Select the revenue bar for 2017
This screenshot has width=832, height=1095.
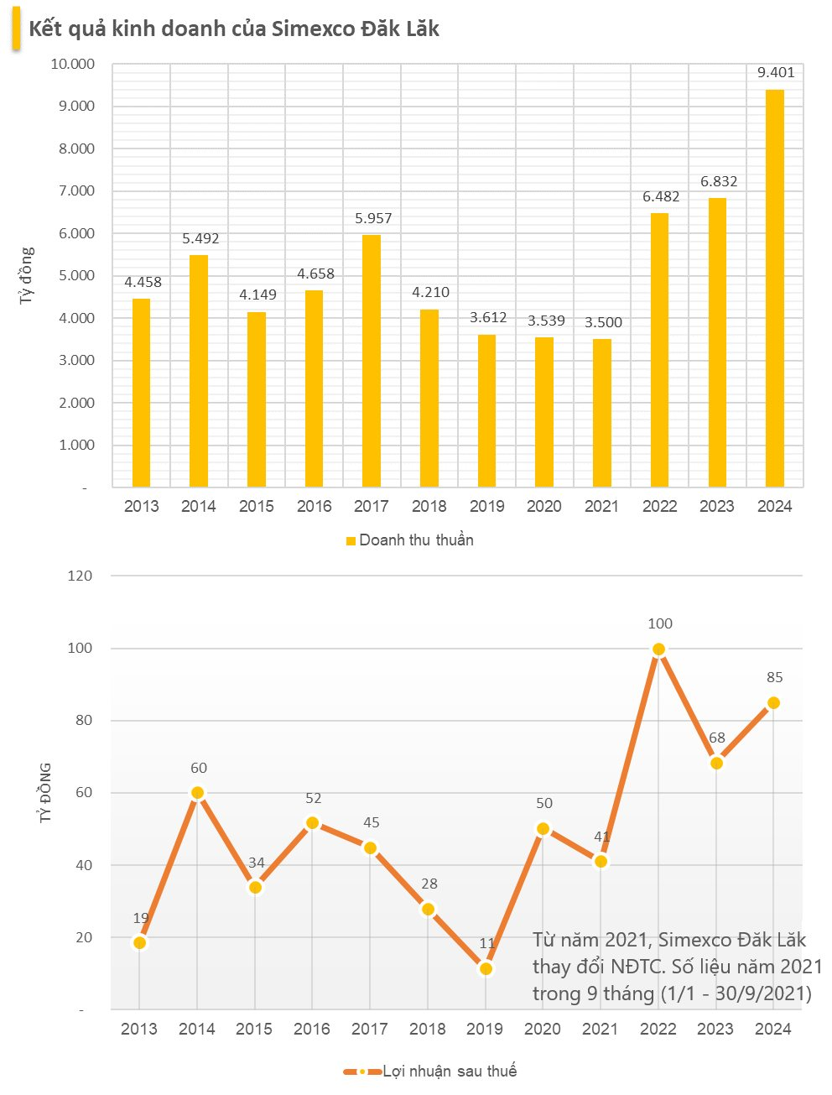pos(372,361)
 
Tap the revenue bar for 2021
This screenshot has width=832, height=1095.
pos(601,413)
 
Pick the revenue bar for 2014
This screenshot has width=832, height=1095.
pos(199,371)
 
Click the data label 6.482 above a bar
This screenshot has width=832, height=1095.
pos(661,196)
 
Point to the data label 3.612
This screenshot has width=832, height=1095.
pos(488,317)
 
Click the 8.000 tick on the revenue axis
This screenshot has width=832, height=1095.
pos(76,149)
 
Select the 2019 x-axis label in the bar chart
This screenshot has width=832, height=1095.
pos(487,506)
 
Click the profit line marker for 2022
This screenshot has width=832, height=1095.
pos(658,649)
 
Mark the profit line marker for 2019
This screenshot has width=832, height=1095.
pos(486,969)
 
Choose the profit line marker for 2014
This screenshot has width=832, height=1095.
pos(198,793)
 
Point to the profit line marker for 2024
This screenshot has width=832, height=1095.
pos(773,703)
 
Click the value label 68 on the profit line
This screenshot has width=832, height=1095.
pos(717,738)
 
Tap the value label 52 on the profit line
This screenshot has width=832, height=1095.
pos(314,799)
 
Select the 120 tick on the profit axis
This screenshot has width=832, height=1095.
pos(81,576)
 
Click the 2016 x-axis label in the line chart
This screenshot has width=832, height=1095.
pos(312,1029)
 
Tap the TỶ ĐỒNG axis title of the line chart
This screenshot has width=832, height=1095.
pos(46,792)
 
